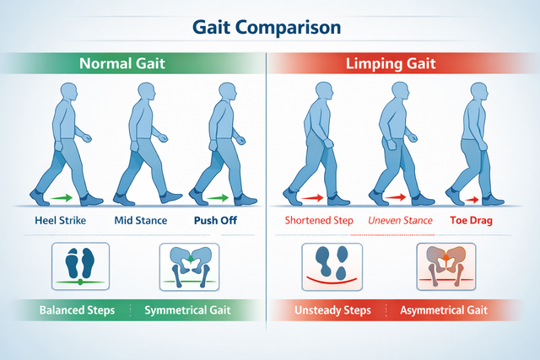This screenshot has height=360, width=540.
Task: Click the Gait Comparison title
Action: click(267, 28)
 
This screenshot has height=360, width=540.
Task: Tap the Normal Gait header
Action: click(122, 63)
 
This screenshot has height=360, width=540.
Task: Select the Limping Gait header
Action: click(391, 64)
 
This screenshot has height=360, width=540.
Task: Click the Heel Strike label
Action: click(60, 220)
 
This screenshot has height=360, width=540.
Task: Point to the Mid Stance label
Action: click(141, 220)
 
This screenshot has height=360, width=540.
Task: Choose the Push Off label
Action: click(216, 220)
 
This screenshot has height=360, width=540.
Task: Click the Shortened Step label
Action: click(319, 220)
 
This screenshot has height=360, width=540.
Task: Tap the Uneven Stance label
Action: click(400, 220)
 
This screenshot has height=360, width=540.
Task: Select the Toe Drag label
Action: click(471, 220)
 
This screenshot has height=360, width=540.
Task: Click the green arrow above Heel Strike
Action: click(62, 198)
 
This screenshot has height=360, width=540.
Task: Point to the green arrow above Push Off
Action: click(218, 198)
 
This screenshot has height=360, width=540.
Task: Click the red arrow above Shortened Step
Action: click(312, 198)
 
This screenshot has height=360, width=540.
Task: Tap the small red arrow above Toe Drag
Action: click(472, 200)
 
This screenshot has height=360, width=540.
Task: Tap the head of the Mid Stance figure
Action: click(146, 92)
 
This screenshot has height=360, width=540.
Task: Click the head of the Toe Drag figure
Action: click(479, 91)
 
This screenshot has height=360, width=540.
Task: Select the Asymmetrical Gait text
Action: click(444, 310)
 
